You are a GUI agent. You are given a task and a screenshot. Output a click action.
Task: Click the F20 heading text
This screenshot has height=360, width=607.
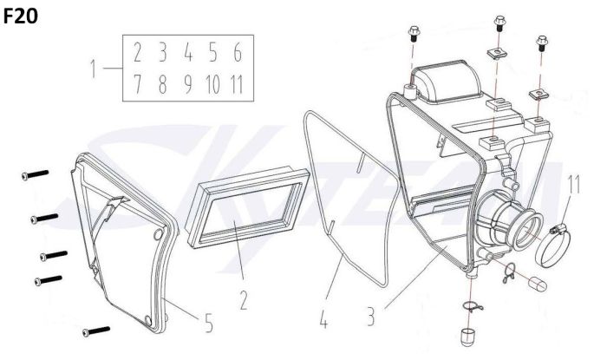(x=20, y=16)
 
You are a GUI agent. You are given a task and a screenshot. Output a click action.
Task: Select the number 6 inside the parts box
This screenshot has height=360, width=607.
(x=238, y=53)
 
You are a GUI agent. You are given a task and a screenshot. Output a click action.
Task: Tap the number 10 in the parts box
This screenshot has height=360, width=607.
(x=213, y=84)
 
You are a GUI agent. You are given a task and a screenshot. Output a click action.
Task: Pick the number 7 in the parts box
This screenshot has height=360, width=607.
(x=137, y=84)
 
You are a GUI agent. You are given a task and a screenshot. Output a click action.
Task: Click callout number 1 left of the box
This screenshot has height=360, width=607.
(x=93, y=69)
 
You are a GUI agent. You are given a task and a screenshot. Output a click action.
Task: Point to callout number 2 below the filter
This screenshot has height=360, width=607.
(x=244, y=300)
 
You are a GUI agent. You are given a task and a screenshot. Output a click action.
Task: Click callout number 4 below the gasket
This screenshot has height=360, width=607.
(x=323, y=320)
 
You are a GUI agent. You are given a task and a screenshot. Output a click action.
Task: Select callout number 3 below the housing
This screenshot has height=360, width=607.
(x=371, y=317)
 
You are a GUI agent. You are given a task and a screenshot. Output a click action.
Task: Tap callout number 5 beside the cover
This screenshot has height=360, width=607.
(x=209, y=323)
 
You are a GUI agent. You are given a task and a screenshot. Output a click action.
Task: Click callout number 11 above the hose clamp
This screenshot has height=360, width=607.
(x=574, y=185)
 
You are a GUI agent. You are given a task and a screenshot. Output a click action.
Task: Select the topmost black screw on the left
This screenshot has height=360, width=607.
(x=36, y=175)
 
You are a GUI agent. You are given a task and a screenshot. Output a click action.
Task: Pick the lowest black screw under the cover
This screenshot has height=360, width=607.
(x=96, y=331)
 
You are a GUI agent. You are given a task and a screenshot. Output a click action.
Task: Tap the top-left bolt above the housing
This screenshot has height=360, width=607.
(x=414, y=34)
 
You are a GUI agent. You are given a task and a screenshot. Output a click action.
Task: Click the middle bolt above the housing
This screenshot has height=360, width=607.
(x=499, y=23)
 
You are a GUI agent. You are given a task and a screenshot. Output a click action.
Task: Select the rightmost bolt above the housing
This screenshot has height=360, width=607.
(x=542, y=43)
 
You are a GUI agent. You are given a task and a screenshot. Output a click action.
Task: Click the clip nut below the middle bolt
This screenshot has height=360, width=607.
(x=496, y=54)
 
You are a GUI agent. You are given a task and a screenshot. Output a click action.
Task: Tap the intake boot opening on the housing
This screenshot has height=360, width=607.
(x=530, y=232)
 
